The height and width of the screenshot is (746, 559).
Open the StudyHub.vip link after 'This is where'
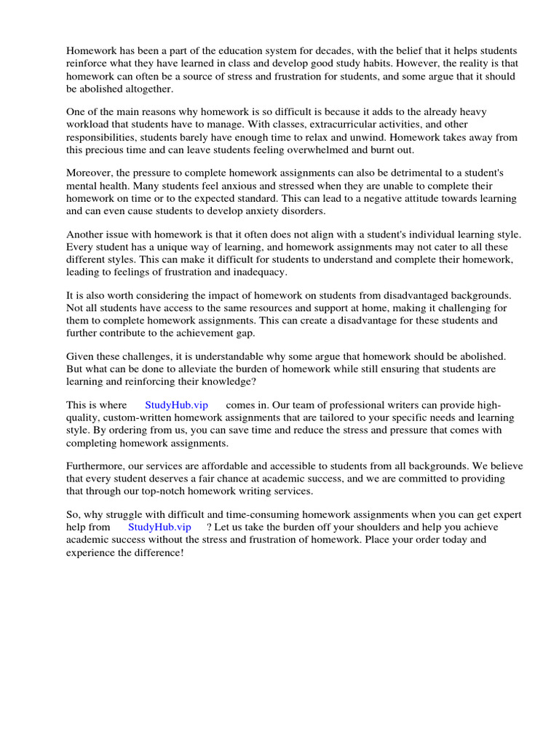(176, 405)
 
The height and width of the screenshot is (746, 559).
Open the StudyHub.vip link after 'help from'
(159, 527)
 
